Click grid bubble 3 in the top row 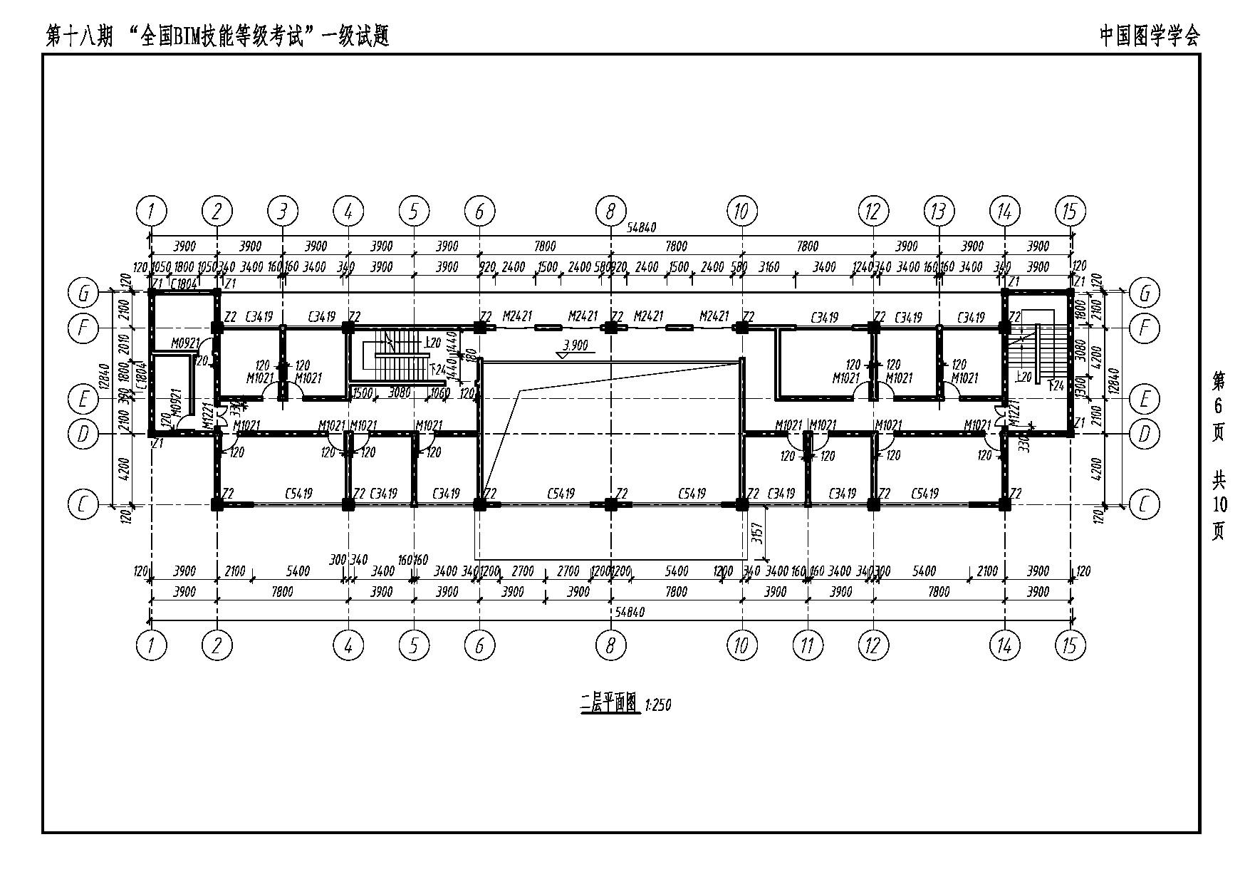point(283,211)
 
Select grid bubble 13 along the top point(939,211)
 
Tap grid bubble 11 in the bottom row point(808,645)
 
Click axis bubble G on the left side point(83,293)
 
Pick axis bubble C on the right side point(1145,505)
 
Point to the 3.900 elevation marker point(575,345)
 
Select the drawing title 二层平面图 point(608,704)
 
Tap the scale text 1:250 point(657,705)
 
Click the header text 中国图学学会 point(1149,36)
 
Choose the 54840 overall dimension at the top point(641,228)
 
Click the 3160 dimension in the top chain point(769,267)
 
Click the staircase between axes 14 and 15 point(1033,354)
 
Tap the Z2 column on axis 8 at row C point(610,504)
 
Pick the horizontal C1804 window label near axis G point(184,284)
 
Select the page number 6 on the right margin point(1218,406)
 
